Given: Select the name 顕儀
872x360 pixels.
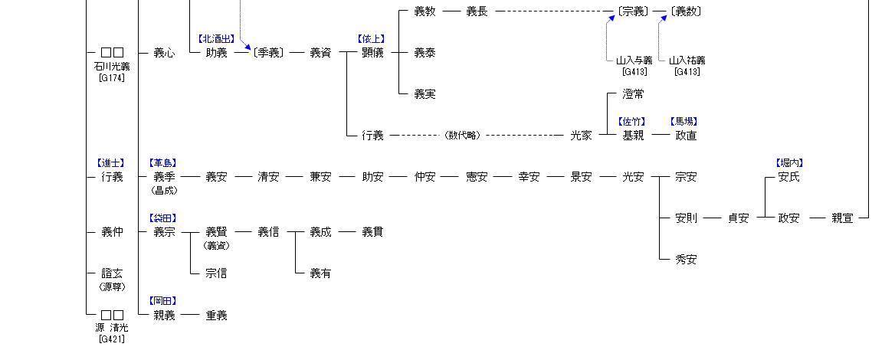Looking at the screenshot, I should point(372,53).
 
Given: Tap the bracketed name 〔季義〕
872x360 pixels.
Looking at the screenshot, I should point(268,53).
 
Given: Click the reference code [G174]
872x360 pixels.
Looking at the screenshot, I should point(112,77).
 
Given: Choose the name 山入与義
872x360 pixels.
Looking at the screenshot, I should point(634,61).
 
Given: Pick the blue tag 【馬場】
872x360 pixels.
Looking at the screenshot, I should point(684,121).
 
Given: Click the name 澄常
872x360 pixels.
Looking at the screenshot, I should point(633,94).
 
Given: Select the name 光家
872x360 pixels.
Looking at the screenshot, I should point(581,136).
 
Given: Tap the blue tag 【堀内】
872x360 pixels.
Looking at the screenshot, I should point(789,162).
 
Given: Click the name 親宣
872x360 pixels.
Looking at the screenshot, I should point(841,218).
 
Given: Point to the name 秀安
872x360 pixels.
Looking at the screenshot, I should point(686,260).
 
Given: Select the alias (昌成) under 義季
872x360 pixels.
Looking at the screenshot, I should point(164,190).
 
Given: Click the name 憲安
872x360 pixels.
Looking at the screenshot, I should point(477,177).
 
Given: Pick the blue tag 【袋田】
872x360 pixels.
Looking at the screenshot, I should point(164,218).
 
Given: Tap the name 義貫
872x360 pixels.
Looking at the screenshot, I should point(372,232).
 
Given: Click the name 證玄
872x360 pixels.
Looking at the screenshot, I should point(112,273).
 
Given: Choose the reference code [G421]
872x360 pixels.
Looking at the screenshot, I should point(112,339).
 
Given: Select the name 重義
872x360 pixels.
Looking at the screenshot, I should point(216,316).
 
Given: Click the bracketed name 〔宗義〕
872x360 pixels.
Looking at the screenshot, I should point(633,11).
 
